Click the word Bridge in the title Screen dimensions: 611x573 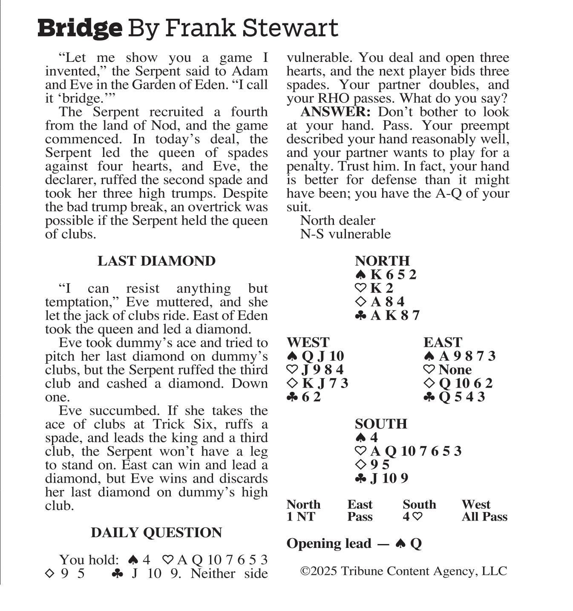click(80, 29)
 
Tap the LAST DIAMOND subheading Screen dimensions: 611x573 click(156, 261)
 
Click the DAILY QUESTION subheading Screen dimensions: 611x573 click(156, 533)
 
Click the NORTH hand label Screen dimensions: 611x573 click(382, 261)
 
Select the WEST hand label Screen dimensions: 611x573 click(308, 342)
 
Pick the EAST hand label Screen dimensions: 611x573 click(443, 342)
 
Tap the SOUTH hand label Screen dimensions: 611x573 click(381, 424)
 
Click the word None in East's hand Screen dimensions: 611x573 click(455, 370)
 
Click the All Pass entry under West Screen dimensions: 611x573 click(484, 517)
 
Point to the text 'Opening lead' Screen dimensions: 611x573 click(329, 544)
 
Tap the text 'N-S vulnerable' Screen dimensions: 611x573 click(345, 234)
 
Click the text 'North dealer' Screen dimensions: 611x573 click(337, 220)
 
